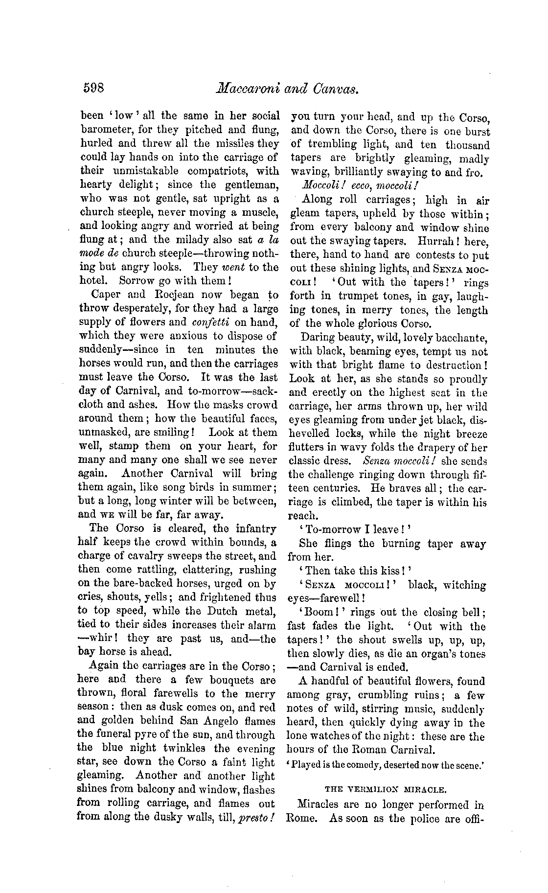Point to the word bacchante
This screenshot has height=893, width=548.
(x=459, y=338)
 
